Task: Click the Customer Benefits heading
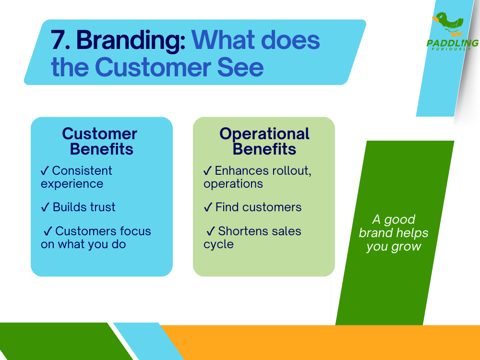tap(100, 141)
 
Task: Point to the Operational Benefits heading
tap(264, 141)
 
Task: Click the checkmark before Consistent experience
tap(45, 171)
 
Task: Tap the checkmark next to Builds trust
tap(45, 207)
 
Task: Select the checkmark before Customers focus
tap(48, 231)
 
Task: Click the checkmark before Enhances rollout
tap(208, 171)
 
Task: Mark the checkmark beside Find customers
tap(208, 207)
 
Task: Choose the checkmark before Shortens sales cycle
tap(211, 231)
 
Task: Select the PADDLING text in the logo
tap(452, 43)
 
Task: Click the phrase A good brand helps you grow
tap(394, 233)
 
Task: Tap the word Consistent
tap(82, 171)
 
